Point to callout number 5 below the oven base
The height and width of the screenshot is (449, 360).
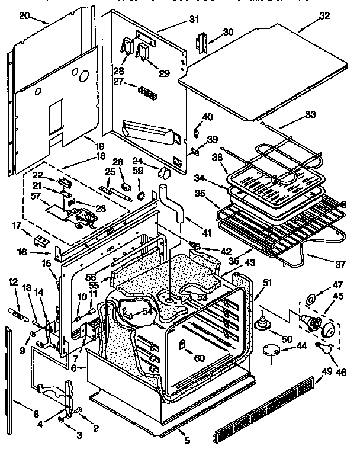coord(187,440)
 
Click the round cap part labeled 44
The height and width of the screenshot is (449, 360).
coord(271,350)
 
